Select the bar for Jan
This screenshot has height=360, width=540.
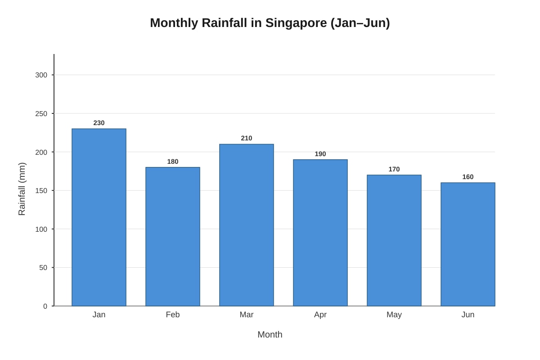pyautogui.click(x=99, y=217)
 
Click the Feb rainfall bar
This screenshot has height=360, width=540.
pyautogui.click(x=173, y=237)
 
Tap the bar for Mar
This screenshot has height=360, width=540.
pyautogui.click(x=247, y=225)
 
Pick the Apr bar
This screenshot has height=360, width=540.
pyautogui.click(x=320, y=233)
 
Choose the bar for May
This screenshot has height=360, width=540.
pyautogui.click(x=394, y=240)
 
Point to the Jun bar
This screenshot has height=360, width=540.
pyautogui.click(x=468, y=244)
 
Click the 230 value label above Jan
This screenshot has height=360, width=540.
pyautogui.click(x=99, y=123)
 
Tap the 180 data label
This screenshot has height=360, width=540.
pyautogui.click(x=173, y=162)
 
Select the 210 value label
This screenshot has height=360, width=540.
pyautogui.click(x=247, y=138)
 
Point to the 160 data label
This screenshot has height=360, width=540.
pyautogui.click(x=468, y=177)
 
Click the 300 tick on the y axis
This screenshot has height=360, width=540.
pyautogui.click(x=41, y=75)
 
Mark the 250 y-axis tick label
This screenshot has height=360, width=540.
pyautogui.click(x=41, y=114)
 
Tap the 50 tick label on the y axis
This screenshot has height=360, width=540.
pyautogui.click(x=43, y=268)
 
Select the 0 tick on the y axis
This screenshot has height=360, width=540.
pyautogui.click(x=45, y=306)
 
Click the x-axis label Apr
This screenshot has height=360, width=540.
pyautogui.click(x=320, y=315)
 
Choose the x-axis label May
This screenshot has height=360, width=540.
pyautogui.click(x=394, y=315)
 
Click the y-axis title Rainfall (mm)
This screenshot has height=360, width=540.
pyautogui.click(x=22, y=189)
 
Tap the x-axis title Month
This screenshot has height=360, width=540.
pyautogui.click(x=270, y=335)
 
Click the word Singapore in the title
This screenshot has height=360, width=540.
pyautogui.click(x=296, y=23)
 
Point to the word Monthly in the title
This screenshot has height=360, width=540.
pyautogui.click(x=174, y=23)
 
